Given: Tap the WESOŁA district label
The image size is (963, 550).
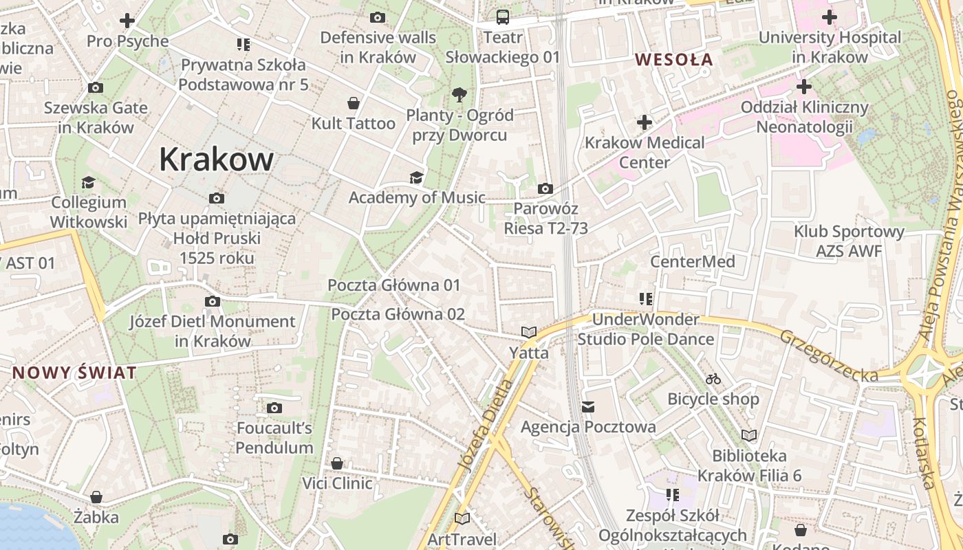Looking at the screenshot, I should [x=673, y=60].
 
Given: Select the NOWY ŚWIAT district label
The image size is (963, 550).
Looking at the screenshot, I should [x=74, y=373].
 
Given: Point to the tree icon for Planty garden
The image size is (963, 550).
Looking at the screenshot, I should [x=459, y=94].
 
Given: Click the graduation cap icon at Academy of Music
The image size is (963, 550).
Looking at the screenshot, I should [x=416, y=178].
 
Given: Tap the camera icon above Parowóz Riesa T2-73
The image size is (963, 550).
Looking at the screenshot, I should [x=545, y=188].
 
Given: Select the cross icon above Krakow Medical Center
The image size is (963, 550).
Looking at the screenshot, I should [x=644, y=123].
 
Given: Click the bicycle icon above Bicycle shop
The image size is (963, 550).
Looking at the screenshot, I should [x=713, y=379].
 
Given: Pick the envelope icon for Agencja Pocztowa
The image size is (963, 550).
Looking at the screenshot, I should [x=588, y=407].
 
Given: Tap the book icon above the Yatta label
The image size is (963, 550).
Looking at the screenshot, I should [x=528, y=333].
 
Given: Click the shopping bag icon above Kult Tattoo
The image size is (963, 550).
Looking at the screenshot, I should [x=354, y=104].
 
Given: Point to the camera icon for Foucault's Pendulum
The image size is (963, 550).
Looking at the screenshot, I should [x=274, y=408].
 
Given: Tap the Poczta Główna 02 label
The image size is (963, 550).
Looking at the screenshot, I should [x=398, y=314].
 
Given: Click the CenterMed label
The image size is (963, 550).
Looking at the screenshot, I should [x=693, y=262].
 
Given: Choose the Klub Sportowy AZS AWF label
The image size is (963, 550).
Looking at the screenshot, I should [x=849, y=241].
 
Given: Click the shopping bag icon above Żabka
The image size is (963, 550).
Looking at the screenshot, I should [x=96, y=497].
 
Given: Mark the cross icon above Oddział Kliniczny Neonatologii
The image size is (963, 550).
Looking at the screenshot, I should [x=803, y=87].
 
